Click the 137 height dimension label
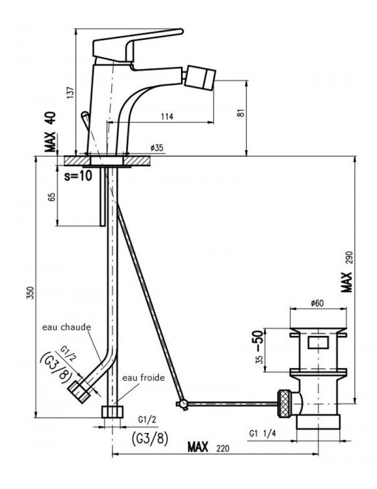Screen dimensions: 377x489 pyautogui.click(x=72, y=92)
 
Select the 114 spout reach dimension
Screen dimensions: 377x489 pyautogui.click(x=167, y=117)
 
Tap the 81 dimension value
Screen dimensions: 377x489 pyautogui.click(x=241, y=113)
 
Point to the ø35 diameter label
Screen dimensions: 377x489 pyautogui.click(x=156, y=147)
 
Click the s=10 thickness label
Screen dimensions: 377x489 pyautogui.click(x=79, y=176)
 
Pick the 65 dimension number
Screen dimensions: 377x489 pyautogui.click(x=52, y=196)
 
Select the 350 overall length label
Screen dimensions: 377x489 pyautogui.click(x=30, y=293)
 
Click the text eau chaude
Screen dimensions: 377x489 pyautogui.click(x=67, y=327)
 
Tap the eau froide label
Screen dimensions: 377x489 pyautogui.click(x=143, y=377)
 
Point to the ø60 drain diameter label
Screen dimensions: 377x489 pyautogui.click(x=317, y=303)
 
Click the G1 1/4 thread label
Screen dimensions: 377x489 pyautogui.click(x=263, y=433)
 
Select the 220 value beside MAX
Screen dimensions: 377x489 pyautogui.click(x=222, y=448)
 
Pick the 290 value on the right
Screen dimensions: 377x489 pyautogui.click(x=349, y=258)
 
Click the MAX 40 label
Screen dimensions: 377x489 pyautogui.click(x=50, y=132)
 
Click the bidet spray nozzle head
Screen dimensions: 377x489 pyautogui.click(x=200, y=77)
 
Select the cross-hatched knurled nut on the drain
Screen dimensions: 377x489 pyautogui.click(x=284, y=404)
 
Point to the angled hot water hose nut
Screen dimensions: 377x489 pyautogui.click(x=79, y=391)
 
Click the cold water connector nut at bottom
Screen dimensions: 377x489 pyautogui.click(x=112, y=412)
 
